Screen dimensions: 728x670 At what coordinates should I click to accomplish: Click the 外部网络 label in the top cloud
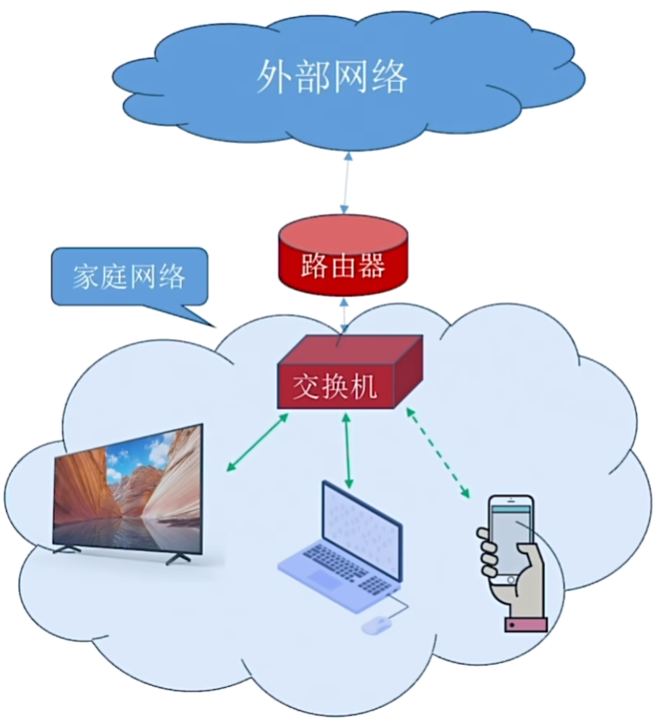(x=331, y=78)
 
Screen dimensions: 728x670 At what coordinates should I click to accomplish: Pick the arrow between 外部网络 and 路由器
(x=345, y=183)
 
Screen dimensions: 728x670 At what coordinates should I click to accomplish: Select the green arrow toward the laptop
(x=347, y=450)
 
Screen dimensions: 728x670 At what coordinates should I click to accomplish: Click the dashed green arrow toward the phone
(x=438, y=453)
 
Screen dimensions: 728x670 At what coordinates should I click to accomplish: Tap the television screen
(x=129, y=488)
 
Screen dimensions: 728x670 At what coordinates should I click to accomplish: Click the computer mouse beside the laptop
(x=377, y=623)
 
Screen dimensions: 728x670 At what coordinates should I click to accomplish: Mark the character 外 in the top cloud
(x=274, y=78)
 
